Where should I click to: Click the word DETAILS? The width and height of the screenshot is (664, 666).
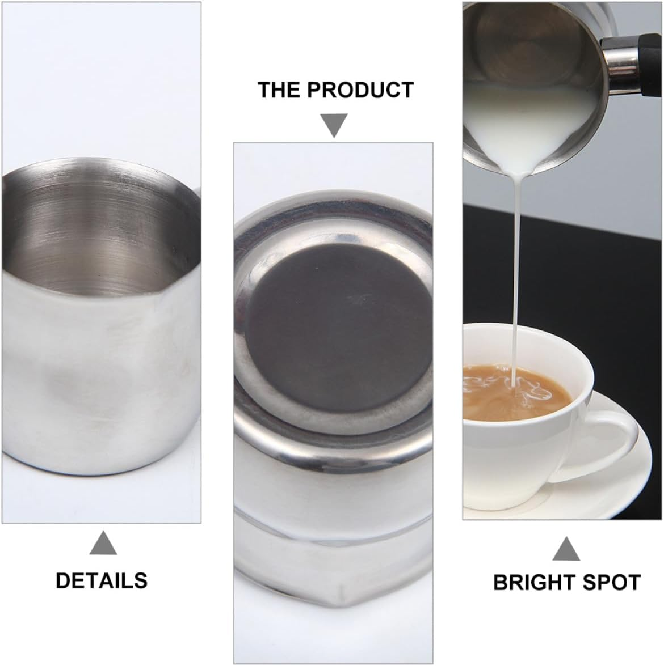(x=102, y=580)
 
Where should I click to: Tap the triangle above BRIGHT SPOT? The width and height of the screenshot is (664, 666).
(x=566, y=549)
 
